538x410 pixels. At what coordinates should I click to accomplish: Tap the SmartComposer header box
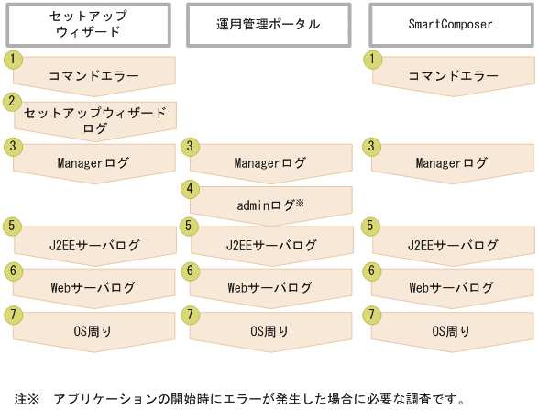452,25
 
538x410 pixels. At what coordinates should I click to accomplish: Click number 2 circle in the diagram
12,102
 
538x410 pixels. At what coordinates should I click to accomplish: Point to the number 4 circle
191,188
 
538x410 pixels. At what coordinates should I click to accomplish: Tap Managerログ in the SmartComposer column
452,163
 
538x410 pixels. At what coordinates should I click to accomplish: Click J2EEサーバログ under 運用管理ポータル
271,245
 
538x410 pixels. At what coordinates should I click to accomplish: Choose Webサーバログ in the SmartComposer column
452,288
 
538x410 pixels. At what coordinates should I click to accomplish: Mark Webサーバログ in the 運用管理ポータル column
271,288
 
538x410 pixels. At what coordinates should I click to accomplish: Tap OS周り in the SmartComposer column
452,331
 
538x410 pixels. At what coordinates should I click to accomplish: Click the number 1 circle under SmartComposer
373,59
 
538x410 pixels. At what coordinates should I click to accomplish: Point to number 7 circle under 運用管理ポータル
191,315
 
